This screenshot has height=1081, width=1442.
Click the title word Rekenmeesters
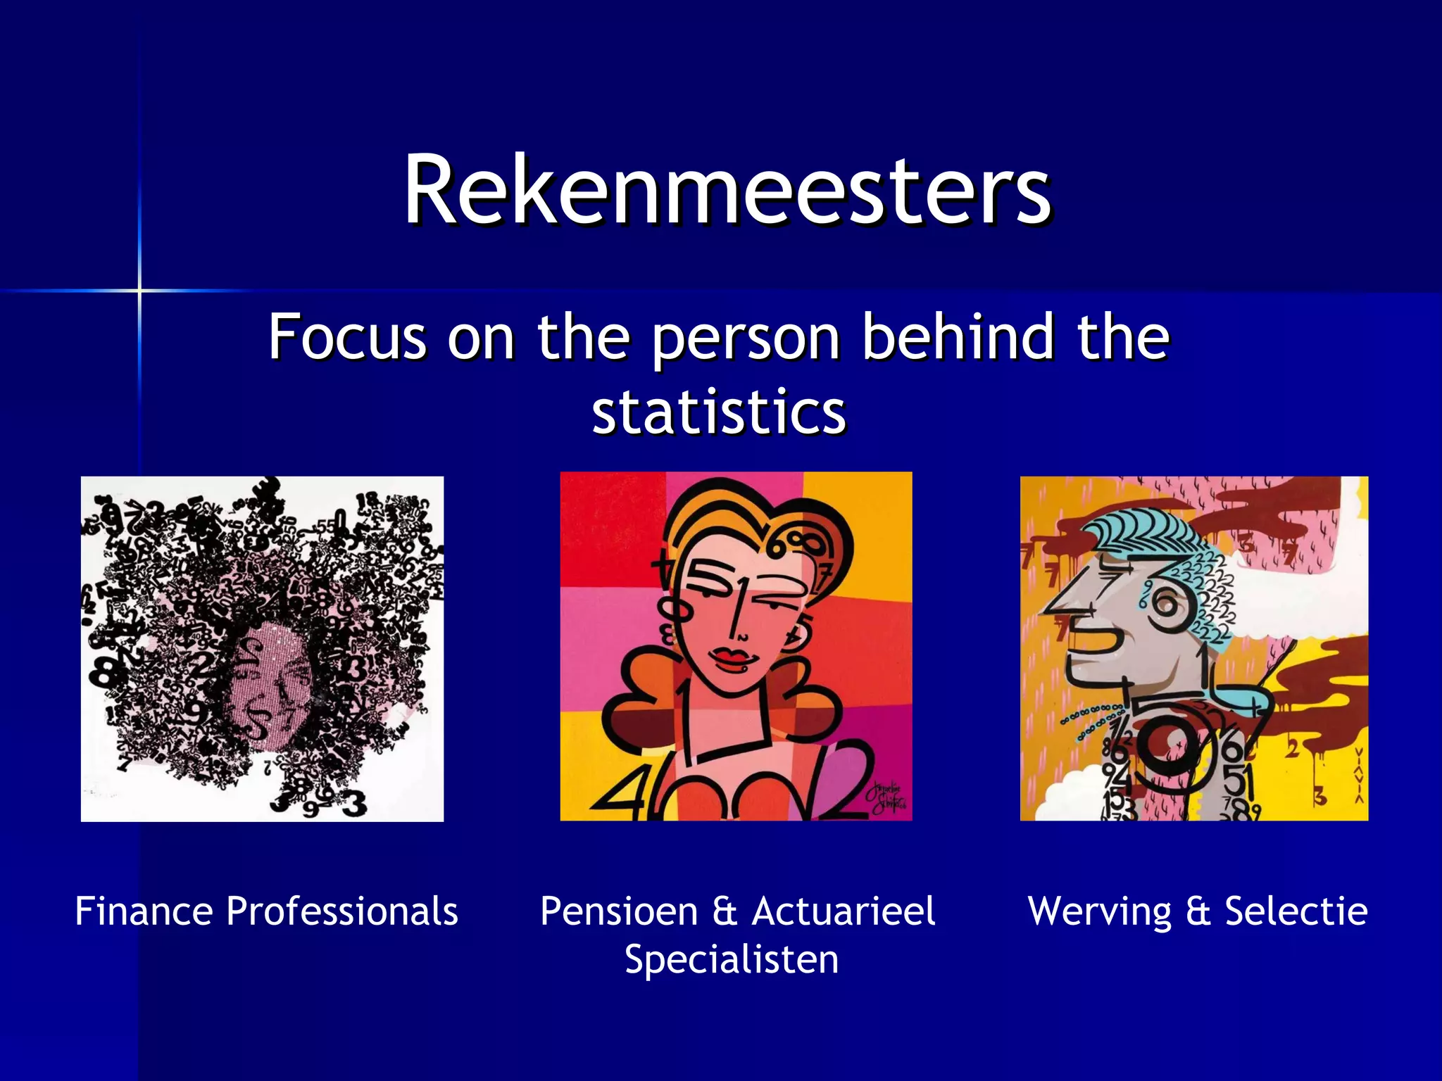727,190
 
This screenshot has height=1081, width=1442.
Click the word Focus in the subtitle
347,338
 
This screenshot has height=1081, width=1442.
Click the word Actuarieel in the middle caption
844,911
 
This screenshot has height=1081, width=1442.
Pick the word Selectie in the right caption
1296,911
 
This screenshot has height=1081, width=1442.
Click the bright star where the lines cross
139,290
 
